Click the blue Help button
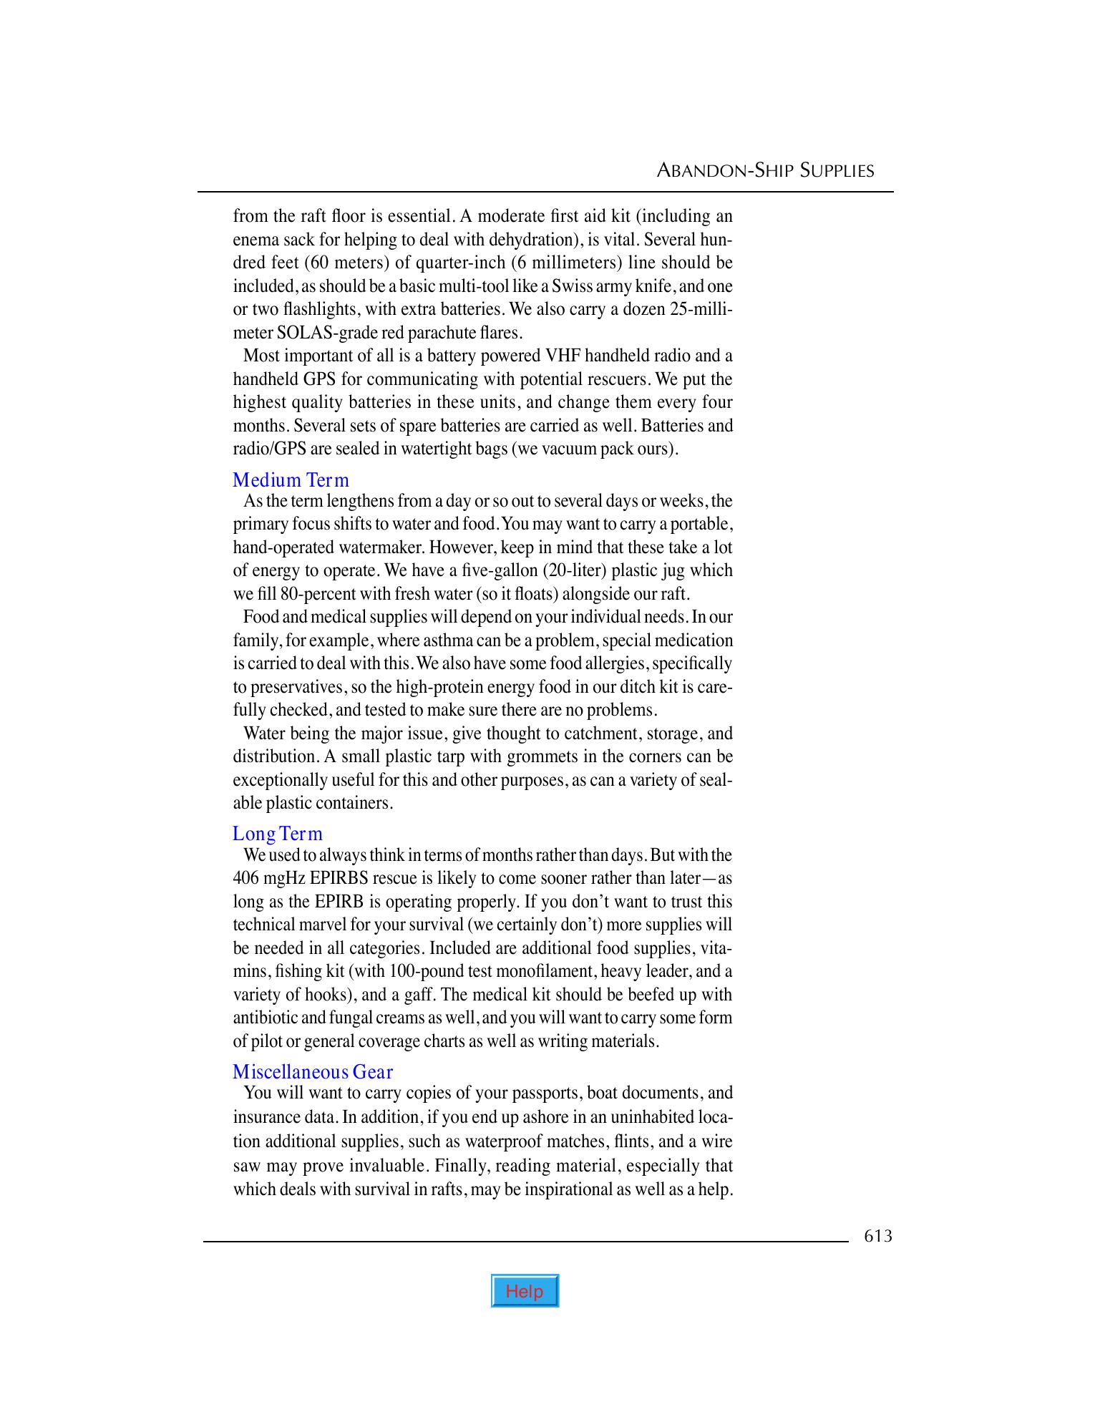(x=525, y=1291)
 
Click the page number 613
(x=877, y=1236)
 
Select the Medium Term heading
(x=291, y=479)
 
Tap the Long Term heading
(x=278, y=834)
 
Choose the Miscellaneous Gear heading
(x=313, y=1072)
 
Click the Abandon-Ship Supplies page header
(x=765, y=171)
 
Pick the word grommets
(x=550, y=756)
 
